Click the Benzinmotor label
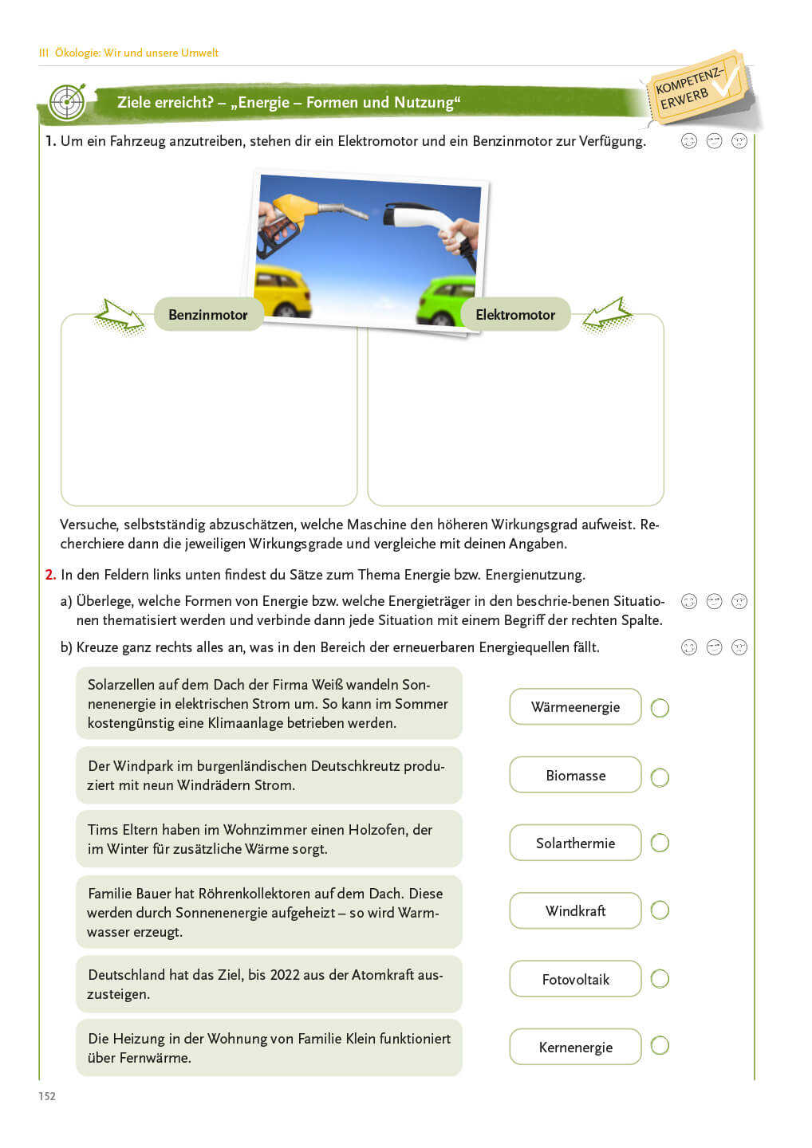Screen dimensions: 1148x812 (x=208, y=315)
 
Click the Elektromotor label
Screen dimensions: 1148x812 (x=515, y=315)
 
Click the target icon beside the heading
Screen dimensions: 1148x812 (x=67, y=102)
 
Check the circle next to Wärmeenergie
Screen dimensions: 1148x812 (x=660, y=708)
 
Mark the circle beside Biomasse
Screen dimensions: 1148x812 (x=660, y=777)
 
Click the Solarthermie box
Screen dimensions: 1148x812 (x=575, y=843)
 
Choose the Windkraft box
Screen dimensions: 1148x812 (x=575, y=910)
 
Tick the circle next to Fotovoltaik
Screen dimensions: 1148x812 (x=660, y=979)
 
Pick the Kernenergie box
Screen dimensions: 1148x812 (x=575, y=1047)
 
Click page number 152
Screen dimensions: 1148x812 (x=47, y=1096)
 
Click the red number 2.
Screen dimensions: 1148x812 (x=50, y=575)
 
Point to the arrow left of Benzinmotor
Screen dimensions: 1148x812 (x=119, y=316)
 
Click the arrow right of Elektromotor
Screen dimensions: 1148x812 (x=607, y=316)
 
